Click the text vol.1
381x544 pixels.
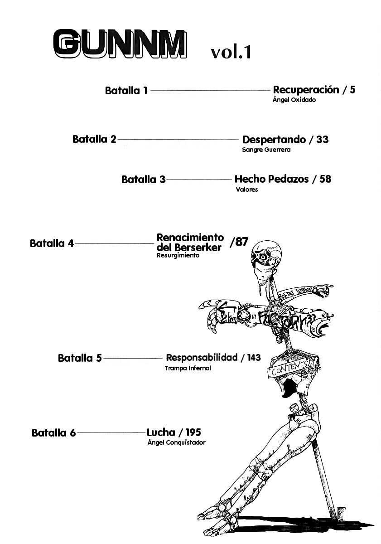coord(231,52)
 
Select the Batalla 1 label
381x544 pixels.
coord(126,91)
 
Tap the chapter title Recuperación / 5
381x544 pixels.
coord(314,90)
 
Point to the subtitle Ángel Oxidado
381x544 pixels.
coord(294,100)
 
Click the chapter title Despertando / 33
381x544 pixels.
coord(285,140)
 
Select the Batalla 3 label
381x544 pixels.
coord(143,180)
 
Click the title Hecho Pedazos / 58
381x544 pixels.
coord(283,179)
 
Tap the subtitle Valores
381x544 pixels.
coord(246,190)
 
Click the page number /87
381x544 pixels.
coord(239,242)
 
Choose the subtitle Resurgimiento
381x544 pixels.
coord(178,256)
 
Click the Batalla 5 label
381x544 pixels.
coord(80,359)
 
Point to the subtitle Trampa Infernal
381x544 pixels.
coord(188,369)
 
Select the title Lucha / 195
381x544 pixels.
coord(174,432)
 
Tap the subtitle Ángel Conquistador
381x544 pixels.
coord(176,443)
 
